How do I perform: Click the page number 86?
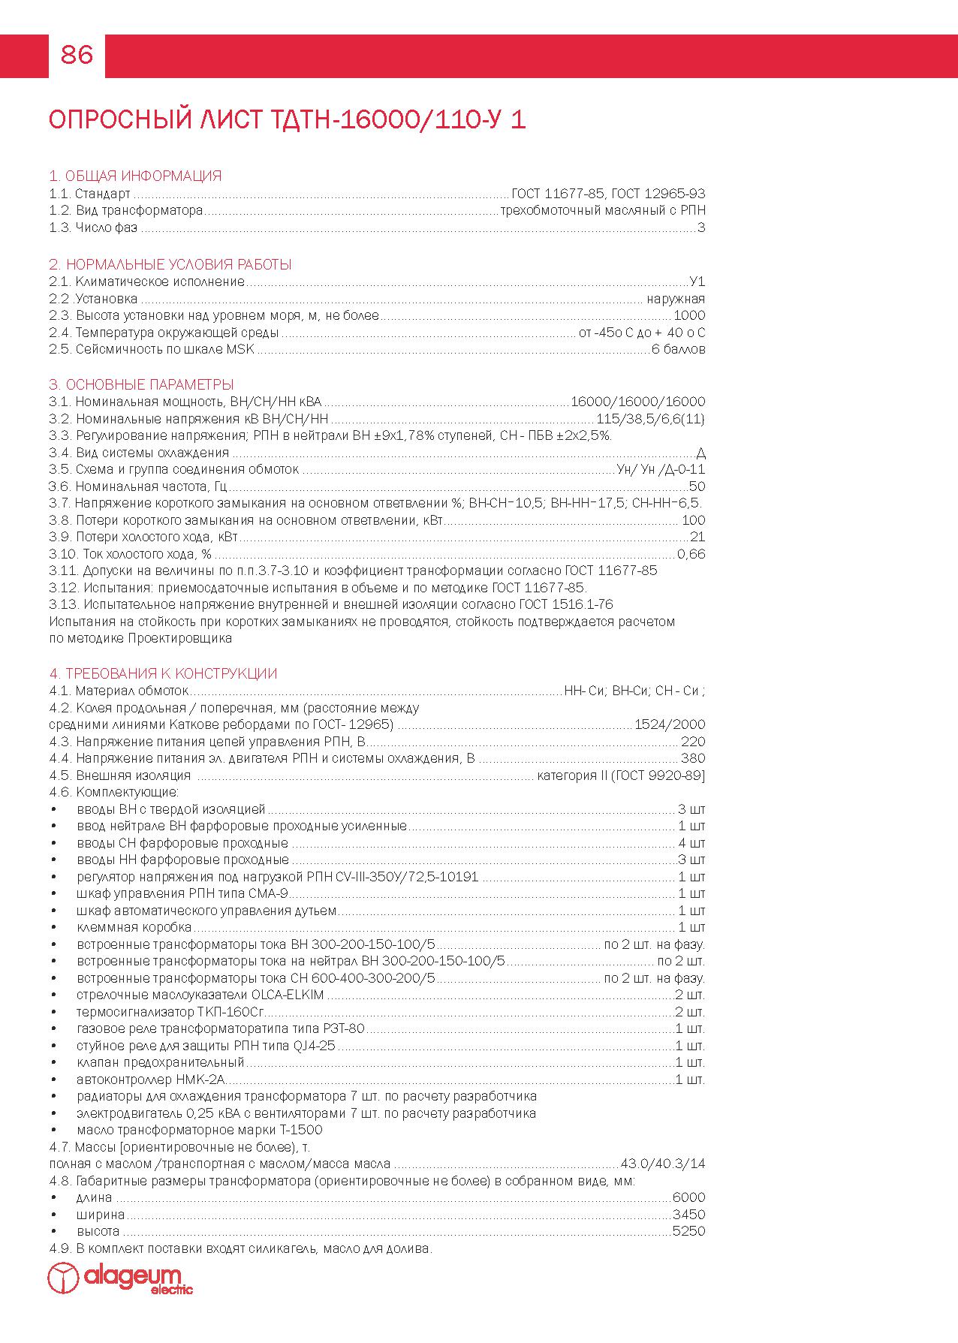point(77,55)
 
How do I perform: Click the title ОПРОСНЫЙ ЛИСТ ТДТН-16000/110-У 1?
point(287,120)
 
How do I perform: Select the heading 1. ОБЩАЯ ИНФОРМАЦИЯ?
point(135,176)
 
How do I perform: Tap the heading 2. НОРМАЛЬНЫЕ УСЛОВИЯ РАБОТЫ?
point(170,265)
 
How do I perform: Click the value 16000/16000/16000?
point(637,402)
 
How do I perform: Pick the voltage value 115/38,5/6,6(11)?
point(650,419)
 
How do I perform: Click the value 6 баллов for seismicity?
point(678,350)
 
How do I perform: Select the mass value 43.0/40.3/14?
point(663,1164)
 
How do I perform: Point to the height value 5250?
point(688,1232)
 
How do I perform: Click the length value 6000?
point(688,1198)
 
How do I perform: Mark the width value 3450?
point(688,1215)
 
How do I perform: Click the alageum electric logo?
point(120,1278)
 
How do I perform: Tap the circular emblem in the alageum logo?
point(63,1278)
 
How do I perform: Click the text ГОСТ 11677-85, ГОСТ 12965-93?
point(608,194)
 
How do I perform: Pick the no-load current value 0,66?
point(691,554)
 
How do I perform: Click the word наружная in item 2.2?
point(676,300)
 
